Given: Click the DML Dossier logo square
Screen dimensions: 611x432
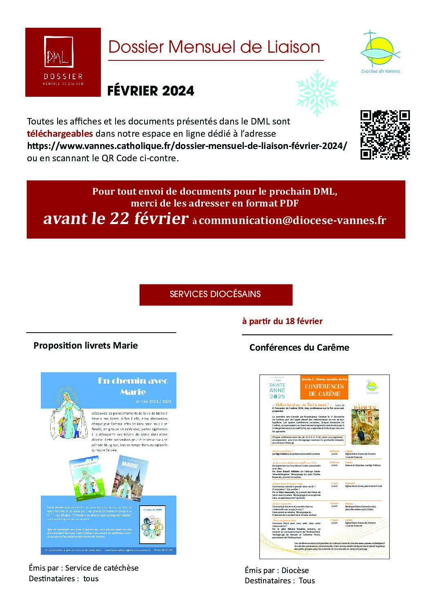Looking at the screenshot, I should click(x=63, y=62).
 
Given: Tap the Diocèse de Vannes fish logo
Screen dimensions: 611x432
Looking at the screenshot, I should click(x=380, y=51).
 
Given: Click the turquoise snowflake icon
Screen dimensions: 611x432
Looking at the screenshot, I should click(x=317, y=93).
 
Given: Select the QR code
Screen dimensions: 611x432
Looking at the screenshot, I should click(x=385, y=135).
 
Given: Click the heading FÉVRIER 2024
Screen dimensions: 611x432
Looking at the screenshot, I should click(x=150, y=91).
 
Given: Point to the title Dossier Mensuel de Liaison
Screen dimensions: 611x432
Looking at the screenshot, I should click(x=214, y=47).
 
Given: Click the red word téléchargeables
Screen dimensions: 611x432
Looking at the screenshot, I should click(x=60, y=134).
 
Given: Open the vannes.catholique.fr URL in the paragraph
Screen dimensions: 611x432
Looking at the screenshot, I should click(x=187, y=146).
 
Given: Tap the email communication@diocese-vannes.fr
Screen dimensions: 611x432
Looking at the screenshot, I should click(x=292, y=220).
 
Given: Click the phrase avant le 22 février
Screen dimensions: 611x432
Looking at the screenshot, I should click(x=116, y=219).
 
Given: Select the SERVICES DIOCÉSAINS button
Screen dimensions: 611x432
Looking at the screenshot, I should click(x=216, y=294).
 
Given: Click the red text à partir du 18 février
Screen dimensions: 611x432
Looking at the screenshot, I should click(x=282, y=321).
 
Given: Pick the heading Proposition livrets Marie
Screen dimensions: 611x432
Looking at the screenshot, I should click(x=85, y=346).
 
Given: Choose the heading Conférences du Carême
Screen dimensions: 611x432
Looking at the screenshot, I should click(x=299, y=348).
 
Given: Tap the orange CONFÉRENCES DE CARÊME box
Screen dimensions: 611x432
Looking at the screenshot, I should click(x=324, y=388).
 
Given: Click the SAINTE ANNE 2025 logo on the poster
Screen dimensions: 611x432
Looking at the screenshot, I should click(x=277, y=389).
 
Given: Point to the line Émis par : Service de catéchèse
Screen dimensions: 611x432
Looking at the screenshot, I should click(x=84, y=568).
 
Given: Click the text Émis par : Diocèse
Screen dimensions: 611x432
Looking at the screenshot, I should click(x=277, y=571).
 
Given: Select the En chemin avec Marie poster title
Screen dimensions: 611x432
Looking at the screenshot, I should click(x=133, y=386).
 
